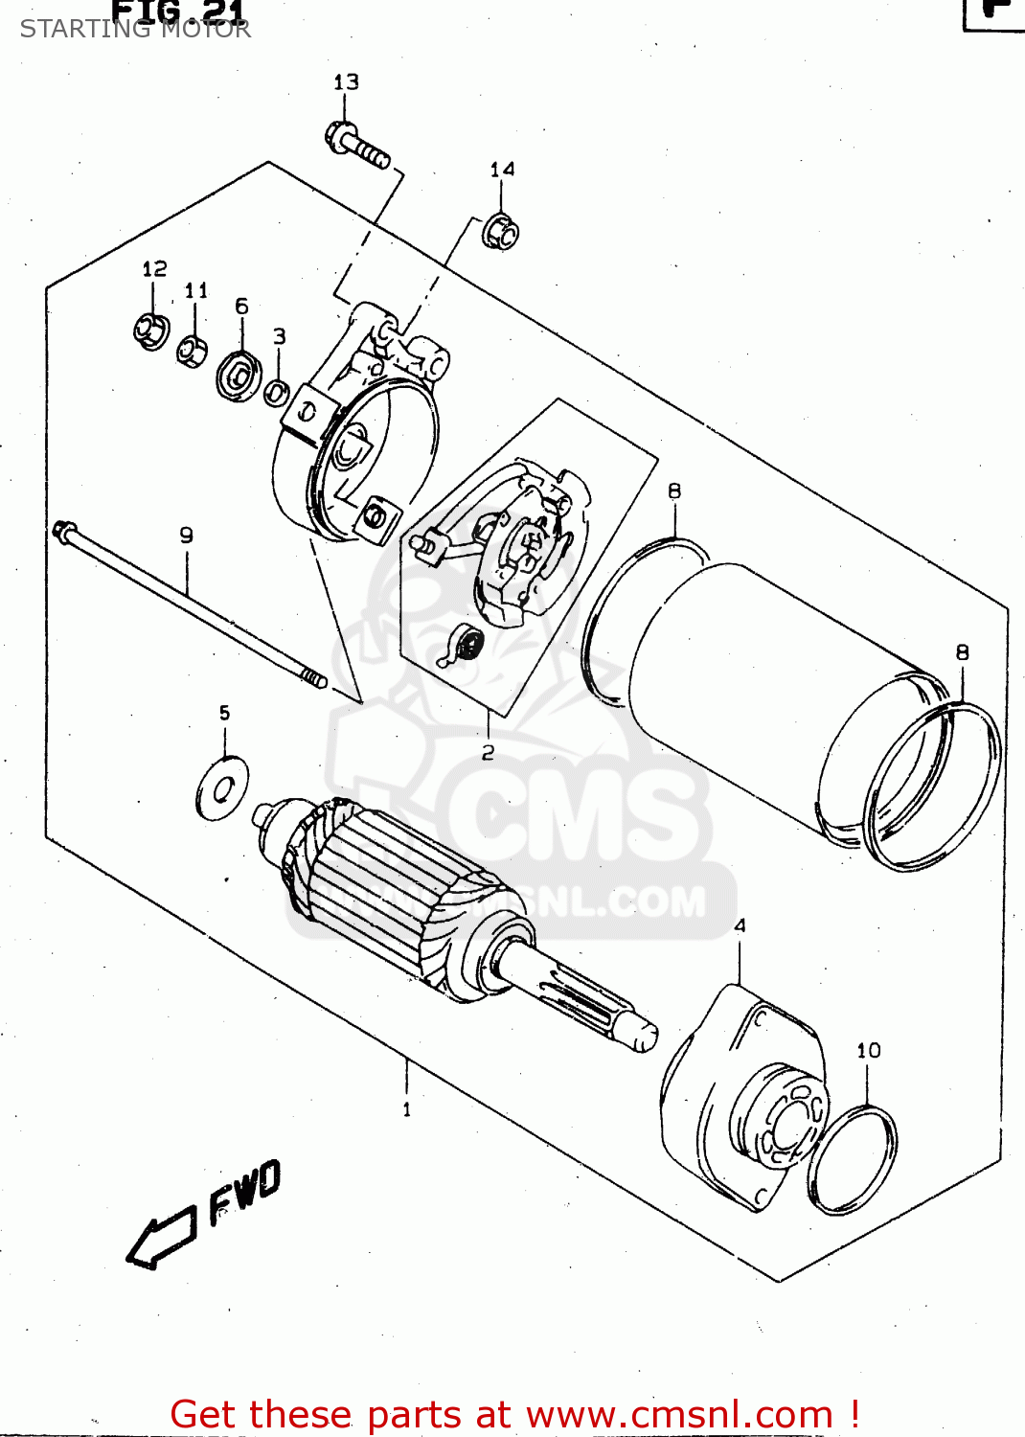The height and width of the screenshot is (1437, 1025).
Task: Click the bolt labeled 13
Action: (x=358, y=145)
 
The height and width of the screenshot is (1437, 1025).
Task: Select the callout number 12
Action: (x=154, y=269)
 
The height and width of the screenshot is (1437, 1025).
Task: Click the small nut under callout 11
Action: (x=193, y=350)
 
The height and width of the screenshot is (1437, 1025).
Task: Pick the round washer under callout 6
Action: (x=239, y=376)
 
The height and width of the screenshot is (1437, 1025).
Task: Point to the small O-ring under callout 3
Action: (x=277, y=392)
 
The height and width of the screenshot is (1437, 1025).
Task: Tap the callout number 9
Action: (x=186, y=536)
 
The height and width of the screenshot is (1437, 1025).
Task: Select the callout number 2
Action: (x=488, y=752)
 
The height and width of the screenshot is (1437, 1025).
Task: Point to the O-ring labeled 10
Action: (x=853, y=1160)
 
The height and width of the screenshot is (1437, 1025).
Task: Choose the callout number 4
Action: (x=740, y=925)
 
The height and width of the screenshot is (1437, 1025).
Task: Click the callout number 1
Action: (x=407, y=1109)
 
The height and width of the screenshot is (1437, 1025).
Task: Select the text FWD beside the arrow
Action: (x=244, y=1191)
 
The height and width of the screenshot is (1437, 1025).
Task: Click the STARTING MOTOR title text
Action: (x=135, y=29)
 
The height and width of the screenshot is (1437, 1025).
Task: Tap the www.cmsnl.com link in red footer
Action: (x=679, y=1414)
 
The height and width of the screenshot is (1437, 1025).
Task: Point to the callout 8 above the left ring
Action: (x=674, y=490)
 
